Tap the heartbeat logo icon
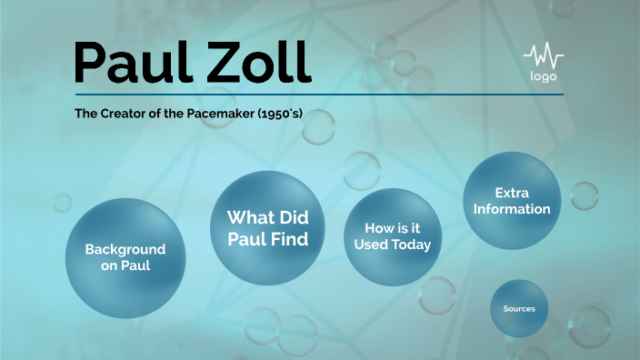[543, 55]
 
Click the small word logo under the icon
[543, 76]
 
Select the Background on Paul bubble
[125, 257]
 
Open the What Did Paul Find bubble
[267, 227]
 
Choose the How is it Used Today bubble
[391, 236]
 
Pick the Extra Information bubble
[511, 201]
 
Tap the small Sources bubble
[519, 308]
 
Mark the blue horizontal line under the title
[318, 94]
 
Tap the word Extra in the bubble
[511, 193]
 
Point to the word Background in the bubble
[125, 249]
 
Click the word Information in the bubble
[511, 209]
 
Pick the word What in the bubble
[249, 217]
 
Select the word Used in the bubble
[375, 245]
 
